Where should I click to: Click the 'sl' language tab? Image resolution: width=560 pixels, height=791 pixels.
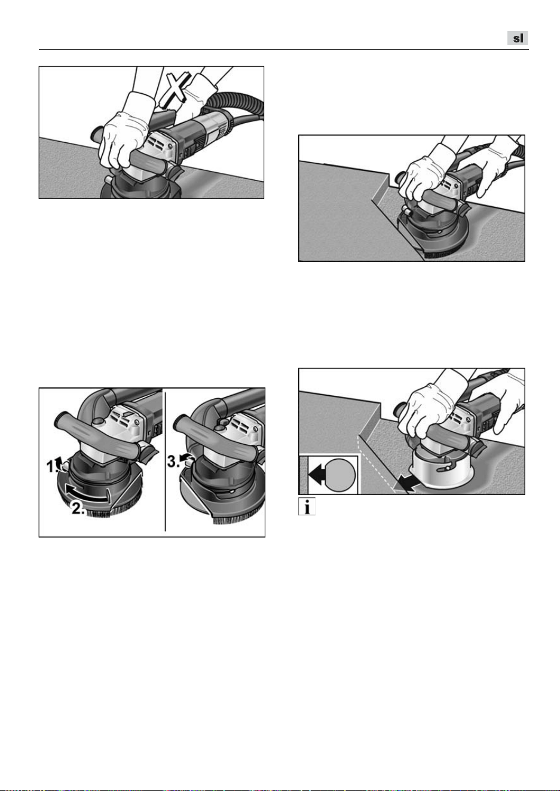518,38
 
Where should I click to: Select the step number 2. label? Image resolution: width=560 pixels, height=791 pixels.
78,508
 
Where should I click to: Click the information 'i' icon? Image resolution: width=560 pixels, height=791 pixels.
307,507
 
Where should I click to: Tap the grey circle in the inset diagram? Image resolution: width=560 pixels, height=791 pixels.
339,475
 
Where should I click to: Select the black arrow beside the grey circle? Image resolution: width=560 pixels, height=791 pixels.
317,474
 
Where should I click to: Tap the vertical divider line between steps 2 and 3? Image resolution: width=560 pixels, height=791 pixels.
165,460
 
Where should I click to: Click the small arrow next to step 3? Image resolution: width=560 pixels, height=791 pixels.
184,457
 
